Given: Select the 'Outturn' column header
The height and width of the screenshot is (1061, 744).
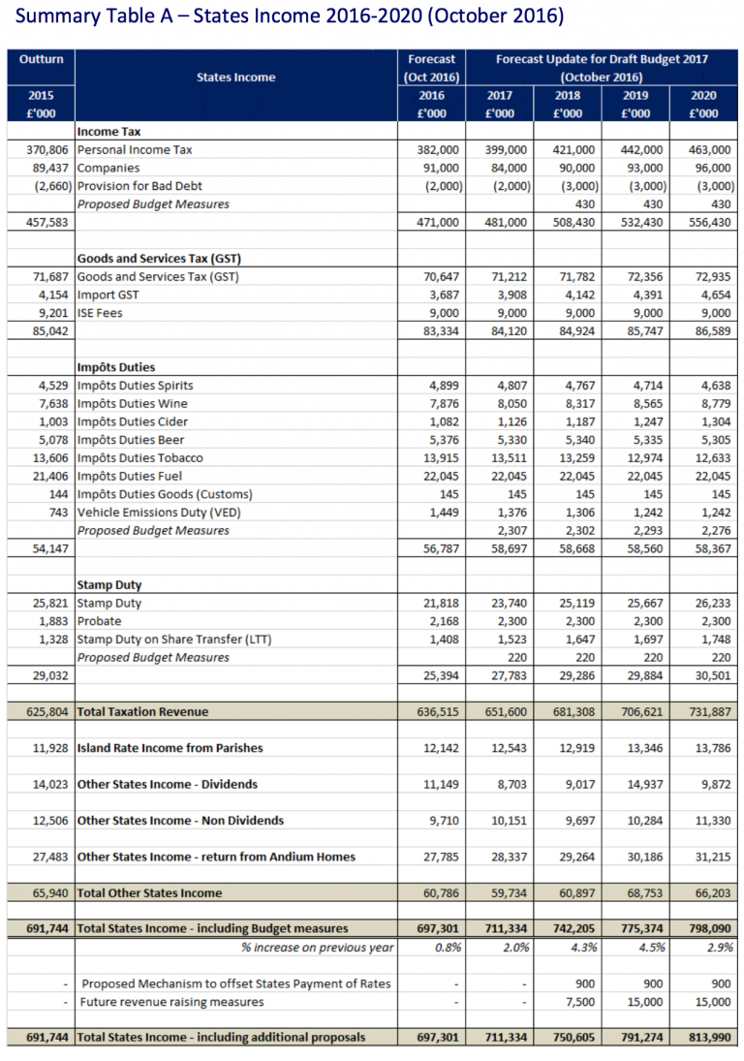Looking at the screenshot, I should pos(41,59).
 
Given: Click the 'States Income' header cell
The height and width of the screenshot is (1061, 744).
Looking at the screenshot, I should pos(235,77).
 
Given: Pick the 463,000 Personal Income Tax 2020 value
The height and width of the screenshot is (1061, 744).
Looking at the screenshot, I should pos(709,150).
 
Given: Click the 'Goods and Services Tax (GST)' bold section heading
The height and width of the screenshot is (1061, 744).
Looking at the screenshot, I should pos(159,259).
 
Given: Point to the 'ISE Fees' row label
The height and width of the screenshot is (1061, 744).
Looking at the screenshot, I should pos(101,312).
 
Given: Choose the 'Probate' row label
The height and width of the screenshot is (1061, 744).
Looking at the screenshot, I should pos(99,621).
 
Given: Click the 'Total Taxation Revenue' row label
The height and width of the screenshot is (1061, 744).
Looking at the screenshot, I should pos(142,711).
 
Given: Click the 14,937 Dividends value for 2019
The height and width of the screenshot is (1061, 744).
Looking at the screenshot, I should pos(642,784).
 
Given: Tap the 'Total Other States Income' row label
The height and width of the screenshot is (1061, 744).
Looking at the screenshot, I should pos(149,893).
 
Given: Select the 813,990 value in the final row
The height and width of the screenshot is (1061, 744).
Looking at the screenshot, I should pos(709,1038).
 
